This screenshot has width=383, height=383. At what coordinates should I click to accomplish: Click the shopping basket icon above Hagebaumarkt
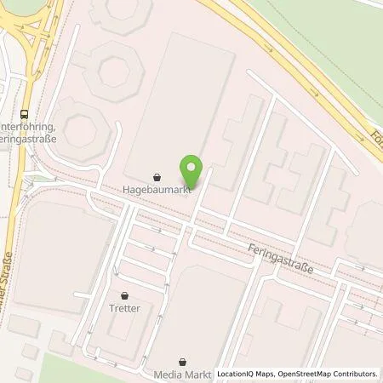click(x=157, y=178)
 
